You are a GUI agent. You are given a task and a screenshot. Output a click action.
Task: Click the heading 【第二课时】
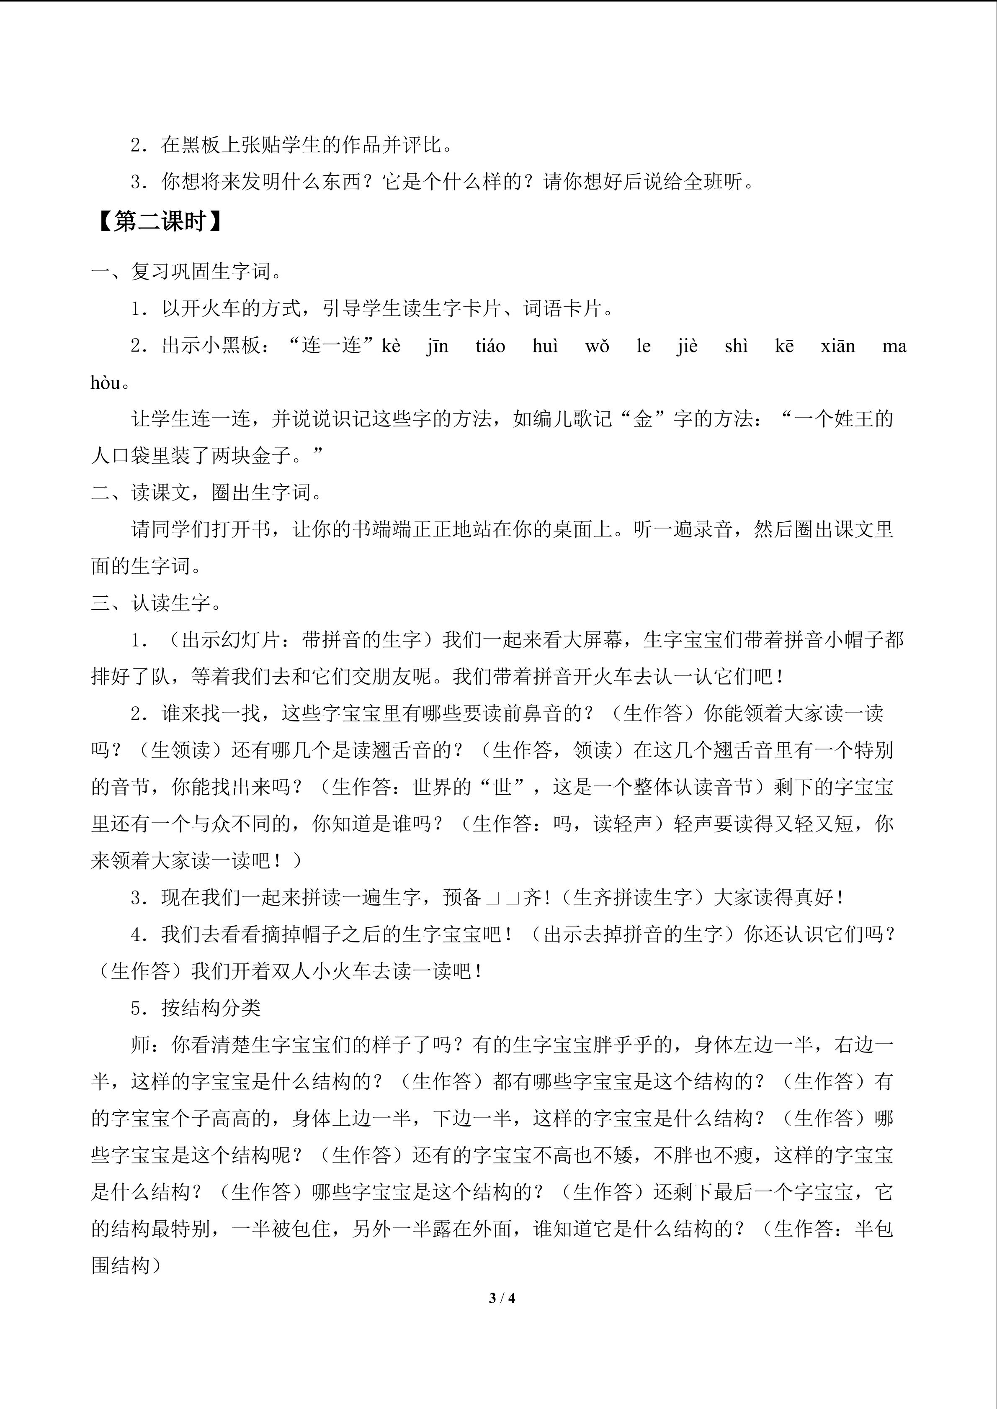point(158,221)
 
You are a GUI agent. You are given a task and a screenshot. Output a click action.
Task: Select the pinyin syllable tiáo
point(490,346)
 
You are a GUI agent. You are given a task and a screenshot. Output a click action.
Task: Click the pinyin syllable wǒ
point(597,346)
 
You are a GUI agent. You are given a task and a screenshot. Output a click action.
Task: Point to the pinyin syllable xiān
point(837,346)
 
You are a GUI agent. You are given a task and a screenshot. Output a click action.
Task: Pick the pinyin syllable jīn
point(437,346)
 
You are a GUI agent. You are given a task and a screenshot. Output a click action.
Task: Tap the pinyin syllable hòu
point(105,383)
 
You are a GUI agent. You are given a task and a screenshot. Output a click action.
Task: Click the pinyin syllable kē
point(784,346)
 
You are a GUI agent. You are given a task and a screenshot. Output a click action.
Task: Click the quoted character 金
point(643,420)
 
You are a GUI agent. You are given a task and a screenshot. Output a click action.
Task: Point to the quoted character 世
point(502,787)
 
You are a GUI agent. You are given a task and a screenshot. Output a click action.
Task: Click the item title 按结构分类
point(211,1008)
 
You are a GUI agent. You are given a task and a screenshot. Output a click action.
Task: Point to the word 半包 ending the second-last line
point(874,1229)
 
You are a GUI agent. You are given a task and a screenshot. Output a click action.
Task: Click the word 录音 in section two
point(713,529)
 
